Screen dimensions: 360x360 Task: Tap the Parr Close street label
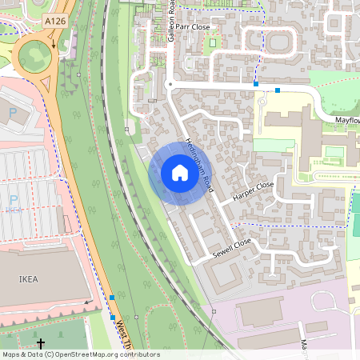[193, 27]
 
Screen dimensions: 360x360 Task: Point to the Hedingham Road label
[197, 163]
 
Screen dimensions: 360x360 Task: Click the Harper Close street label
[253, 190]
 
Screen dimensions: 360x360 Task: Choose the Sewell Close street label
[232, 247]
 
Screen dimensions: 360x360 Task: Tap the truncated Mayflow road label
[346, 119]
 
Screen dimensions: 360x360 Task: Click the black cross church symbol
[42, 342]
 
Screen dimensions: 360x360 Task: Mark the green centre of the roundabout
[34, 56]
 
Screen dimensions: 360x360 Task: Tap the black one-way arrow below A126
[54, 44]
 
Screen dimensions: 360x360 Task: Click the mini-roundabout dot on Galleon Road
[170, 83]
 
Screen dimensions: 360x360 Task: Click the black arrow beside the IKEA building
[87, 302]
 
